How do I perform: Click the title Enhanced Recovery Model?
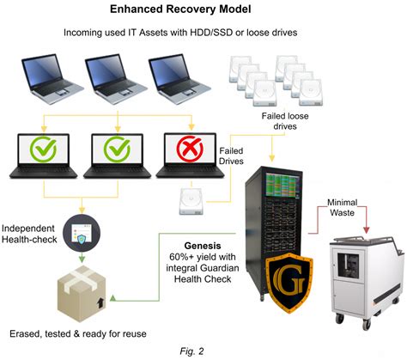[x=203, y=11]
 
